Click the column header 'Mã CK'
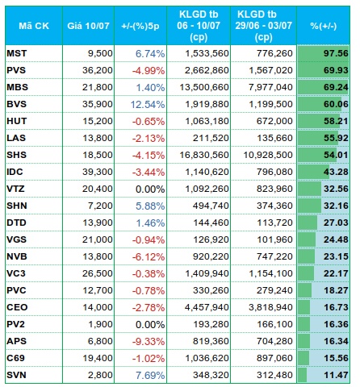pyautogui.click(x=34, y=26)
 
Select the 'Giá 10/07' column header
pyautogui.click(x=88, y=26)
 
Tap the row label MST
pyautogui.click(x=17, y=53)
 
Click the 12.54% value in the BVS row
pyautogui.click(x=148, y=104)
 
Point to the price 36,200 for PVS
pyautogui.click(x=98, y=70)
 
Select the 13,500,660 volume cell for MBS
pyautogui.click(x=204, y=87)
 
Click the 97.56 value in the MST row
pyautogui.click(x=336, y=53)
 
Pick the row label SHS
pyautogui.click(x=17, y=155)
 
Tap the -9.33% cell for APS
pyautogui.click(x=149, y=341)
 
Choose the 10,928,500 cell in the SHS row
pyautogui.click(x=268, y=155)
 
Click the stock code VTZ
pyautogui.click(x=16, y=189)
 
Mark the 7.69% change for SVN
pyautogui.click(x=150, y=375)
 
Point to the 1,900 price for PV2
pyautogui.click(x=100, y=324)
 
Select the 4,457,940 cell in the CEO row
pyautogui.click(x=207, y=307)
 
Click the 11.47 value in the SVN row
pyautogui.click(x=336, y=375)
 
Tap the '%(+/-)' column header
pyautogui.click(x=324, y=26)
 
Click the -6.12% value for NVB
pyautogui.click(x=149, y=256)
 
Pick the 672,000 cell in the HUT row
pyautogui.click(x=274, y=121)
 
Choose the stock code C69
pyautogui.click(x=16, y=358)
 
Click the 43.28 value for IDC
pyautogui.click(x=336, y=172)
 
